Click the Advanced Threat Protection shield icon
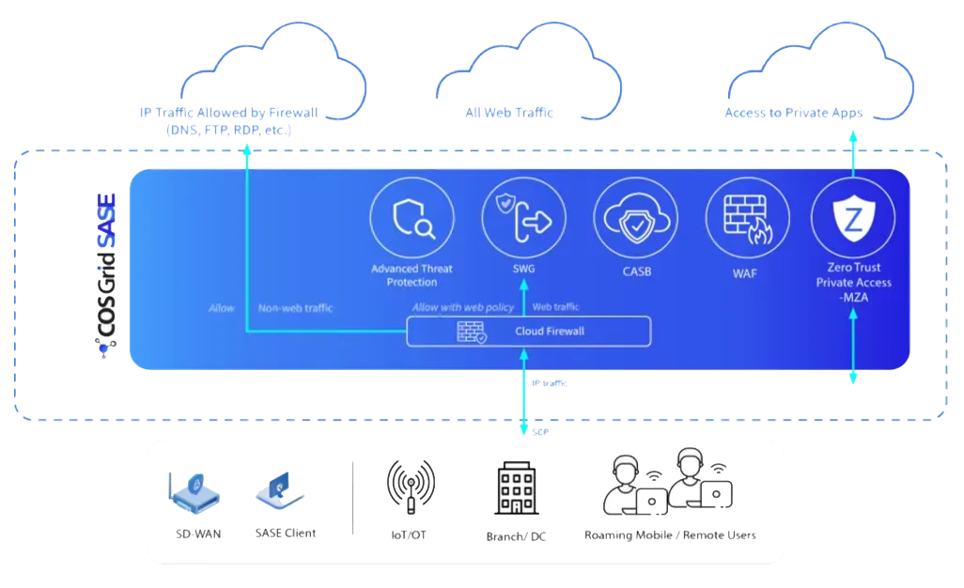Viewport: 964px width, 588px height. pos(412,219)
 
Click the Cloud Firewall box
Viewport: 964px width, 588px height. pos(528,331)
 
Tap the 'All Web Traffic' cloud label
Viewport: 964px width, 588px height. pos(510,113)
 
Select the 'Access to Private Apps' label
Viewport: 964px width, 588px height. pos(794,114)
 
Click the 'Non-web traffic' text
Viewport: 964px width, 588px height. pos(295,307)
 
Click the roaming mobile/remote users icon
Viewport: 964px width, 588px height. pos(668,484)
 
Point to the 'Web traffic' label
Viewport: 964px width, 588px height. pos(555,307)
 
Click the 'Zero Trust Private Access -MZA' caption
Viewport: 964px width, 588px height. pos(853,282)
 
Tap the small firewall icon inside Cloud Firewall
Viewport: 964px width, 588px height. pos(471,332)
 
